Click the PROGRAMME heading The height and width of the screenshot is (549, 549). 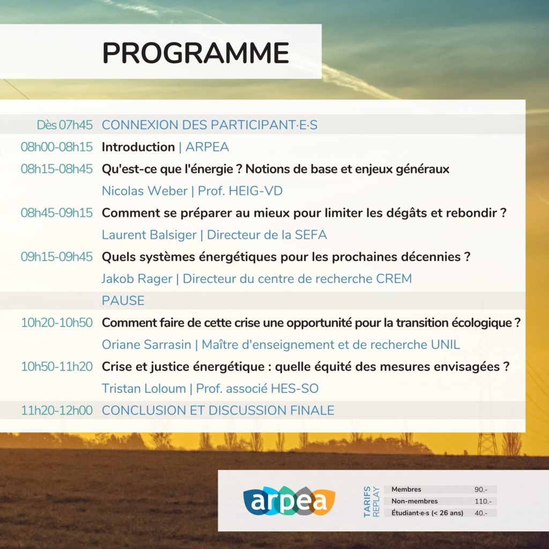pyautogui.click(x=195, y=53)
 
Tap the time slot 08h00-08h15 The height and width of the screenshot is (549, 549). pyautogui.click(x=57, y=147)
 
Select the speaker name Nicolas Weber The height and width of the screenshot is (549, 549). pyautogui.click(x=145, y=191)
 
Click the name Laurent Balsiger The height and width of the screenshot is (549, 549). pyautogui.click(x=149, y=235)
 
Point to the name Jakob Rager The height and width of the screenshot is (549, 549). pyautogui.click(x=137, y=279)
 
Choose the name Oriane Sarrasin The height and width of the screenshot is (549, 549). pyautogui.click(x=146, y=345)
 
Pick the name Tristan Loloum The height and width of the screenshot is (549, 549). pyautogui.click(x=144, y=388)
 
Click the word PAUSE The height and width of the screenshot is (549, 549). pyautogui.click(x=123, y=300)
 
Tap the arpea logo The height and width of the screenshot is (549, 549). pyautogui.click(x=289, y=501)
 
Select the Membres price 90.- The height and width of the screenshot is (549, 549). pyautogui.click(x=481, y=489)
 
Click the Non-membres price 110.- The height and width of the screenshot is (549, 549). pyautogui.click(x=483, y=501)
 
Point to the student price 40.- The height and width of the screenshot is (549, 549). pyautogui.click(x=481, y=513)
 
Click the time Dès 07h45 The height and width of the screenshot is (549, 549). pyautogui.click(x=65, y=125)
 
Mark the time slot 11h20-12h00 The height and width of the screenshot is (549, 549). pyautogui.click(x=57, y=410)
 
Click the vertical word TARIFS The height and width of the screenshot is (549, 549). pyautogui.click(x=367, y=501)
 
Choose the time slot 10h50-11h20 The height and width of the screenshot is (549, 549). pyautogui.click(x=57, y=367)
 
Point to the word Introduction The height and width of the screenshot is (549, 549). pyautogui.click(x=138, y=147)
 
